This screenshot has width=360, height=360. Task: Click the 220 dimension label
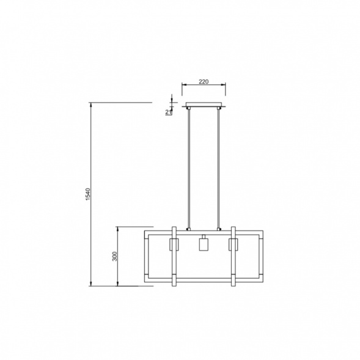tap(204, 81)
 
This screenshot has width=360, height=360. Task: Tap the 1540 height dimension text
tap(88, 194)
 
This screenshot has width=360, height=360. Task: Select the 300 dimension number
tap(114, 256)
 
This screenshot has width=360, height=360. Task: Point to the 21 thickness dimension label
tap(169, 112)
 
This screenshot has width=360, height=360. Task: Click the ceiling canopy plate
tap(204, 105)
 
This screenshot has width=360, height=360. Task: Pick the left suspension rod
tap(189, 168)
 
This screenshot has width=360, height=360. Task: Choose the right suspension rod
tap(218, 168)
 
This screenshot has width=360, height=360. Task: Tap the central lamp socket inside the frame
tap(204, 243)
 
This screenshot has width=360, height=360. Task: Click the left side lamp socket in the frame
tap(174, 244)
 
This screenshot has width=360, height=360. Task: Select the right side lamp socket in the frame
tap(233, 244)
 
